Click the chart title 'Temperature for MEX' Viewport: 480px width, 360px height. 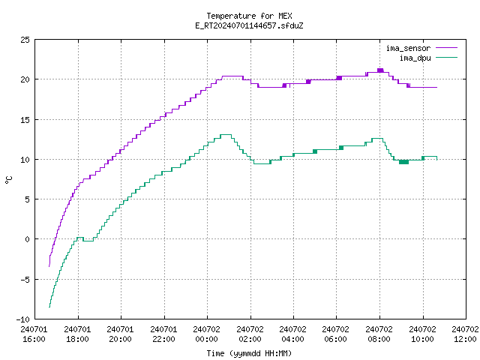click(249, 16)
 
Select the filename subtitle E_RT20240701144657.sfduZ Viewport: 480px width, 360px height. click(249, 25)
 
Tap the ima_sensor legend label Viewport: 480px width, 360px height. click(408, 48)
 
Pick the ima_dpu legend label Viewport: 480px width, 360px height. click(415, 58)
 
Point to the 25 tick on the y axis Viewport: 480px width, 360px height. click(25, 40)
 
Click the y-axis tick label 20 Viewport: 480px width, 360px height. click(25, 79)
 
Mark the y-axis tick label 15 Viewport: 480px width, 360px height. click(25, 120)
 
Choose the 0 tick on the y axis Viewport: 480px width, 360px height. click(27, 239)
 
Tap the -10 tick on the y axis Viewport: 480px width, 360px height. click(23, 319)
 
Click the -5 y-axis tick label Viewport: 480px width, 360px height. click(25, 279)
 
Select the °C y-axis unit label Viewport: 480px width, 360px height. click(9, 180)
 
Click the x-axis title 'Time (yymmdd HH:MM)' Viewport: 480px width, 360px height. click(249, 353)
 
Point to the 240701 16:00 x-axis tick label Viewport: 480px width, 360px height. click(34, 334)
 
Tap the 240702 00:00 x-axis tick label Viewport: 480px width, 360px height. click(207, 334)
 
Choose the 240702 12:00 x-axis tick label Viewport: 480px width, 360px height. click(465, 334)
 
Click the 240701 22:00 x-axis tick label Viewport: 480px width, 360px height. click(163, 334)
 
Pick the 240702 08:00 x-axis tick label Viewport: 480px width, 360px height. click(379, 334)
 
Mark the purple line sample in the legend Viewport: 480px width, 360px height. click(446, 48)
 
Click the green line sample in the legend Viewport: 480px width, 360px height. click(446, 57)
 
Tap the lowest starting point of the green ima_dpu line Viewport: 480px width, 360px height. click(49, 307)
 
